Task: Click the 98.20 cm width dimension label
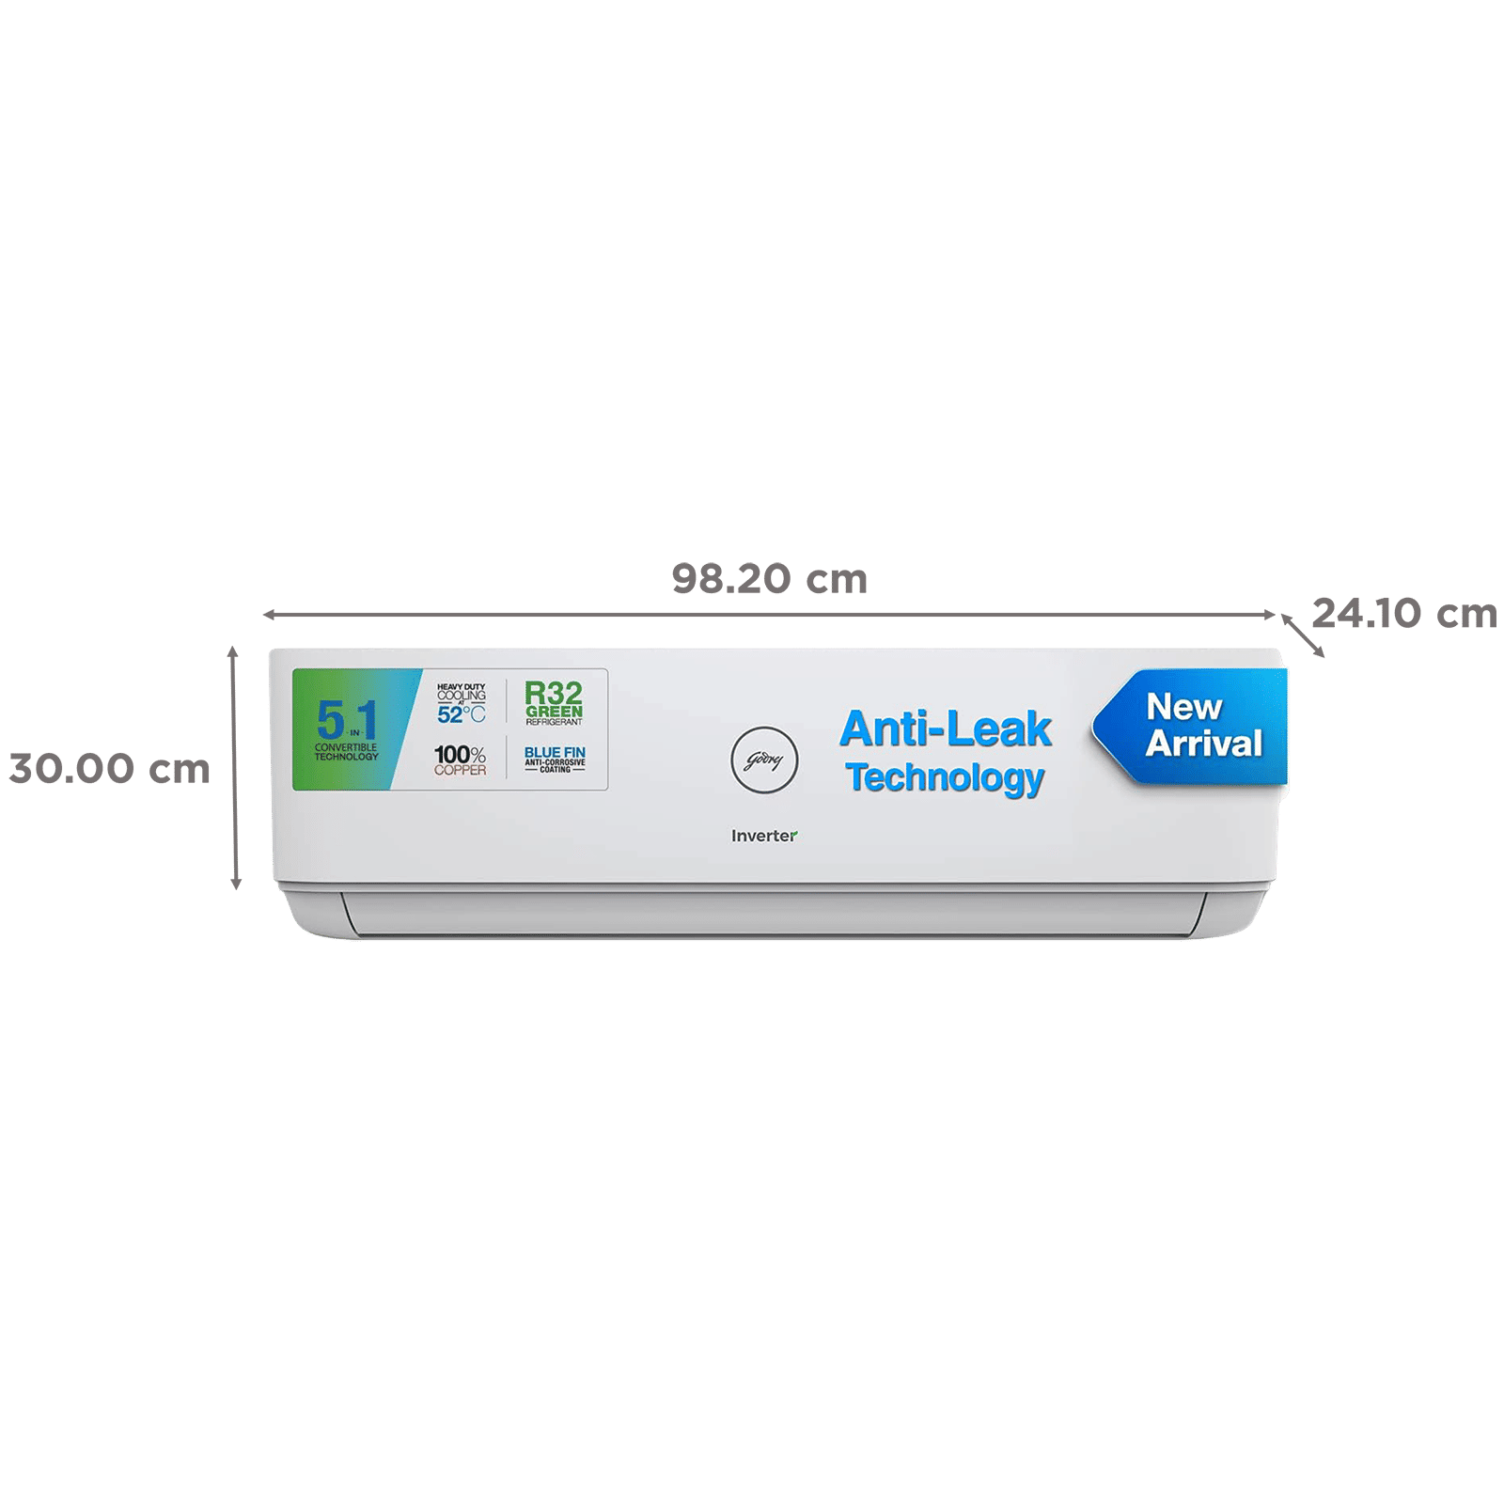click(x=769, y=579)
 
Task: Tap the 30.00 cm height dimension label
click(x=109, y=769)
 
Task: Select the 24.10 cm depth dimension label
click(x=1404, y=614)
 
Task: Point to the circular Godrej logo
click(x=764, y=760)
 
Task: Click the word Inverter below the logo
click(x=764, y=836)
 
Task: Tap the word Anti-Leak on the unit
click(x=946, y=729)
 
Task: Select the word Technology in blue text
click(x=945, y=778)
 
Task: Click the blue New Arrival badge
click(x=1189, y=727)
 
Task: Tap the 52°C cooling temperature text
click(x=461, y=714)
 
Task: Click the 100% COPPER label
click(x=461, y=760)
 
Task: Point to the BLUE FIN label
click(x=555, y=752)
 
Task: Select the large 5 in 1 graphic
click(x=347, y=721)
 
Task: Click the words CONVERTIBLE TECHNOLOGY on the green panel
click(x=346, y=752)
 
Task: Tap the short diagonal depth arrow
click(x=1303, y=635)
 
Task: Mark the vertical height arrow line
click(x=235, y=767)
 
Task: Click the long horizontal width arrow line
click(x=769, y=615)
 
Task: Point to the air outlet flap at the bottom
click(x=774, y=913)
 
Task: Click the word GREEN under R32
click(x=554, y=712)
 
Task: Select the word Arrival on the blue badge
click(x=1203, y=744)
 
